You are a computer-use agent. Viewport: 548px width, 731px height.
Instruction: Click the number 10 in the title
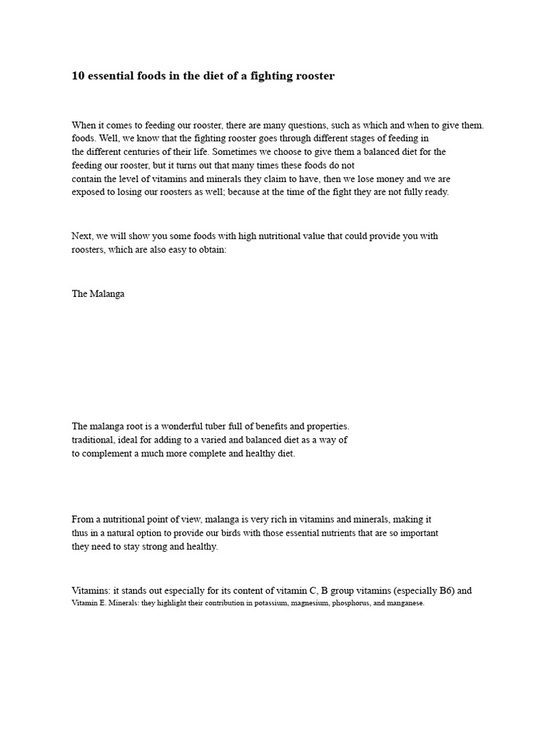tap(78, 76)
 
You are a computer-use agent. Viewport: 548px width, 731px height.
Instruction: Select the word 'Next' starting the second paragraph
tap(81, 236)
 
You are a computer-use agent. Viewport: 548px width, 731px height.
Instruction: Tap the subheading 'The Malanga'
tap(98, 293)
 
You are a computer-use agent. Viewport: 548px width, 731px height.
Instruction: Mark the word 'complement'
tap(107, 453)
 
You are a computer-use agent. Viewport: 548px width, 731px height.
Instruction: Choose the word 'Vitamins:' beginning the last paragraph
tap(91, 591)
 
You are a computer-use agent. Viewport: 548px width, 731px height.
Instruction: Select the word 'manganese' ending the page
tap(405, 603)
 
